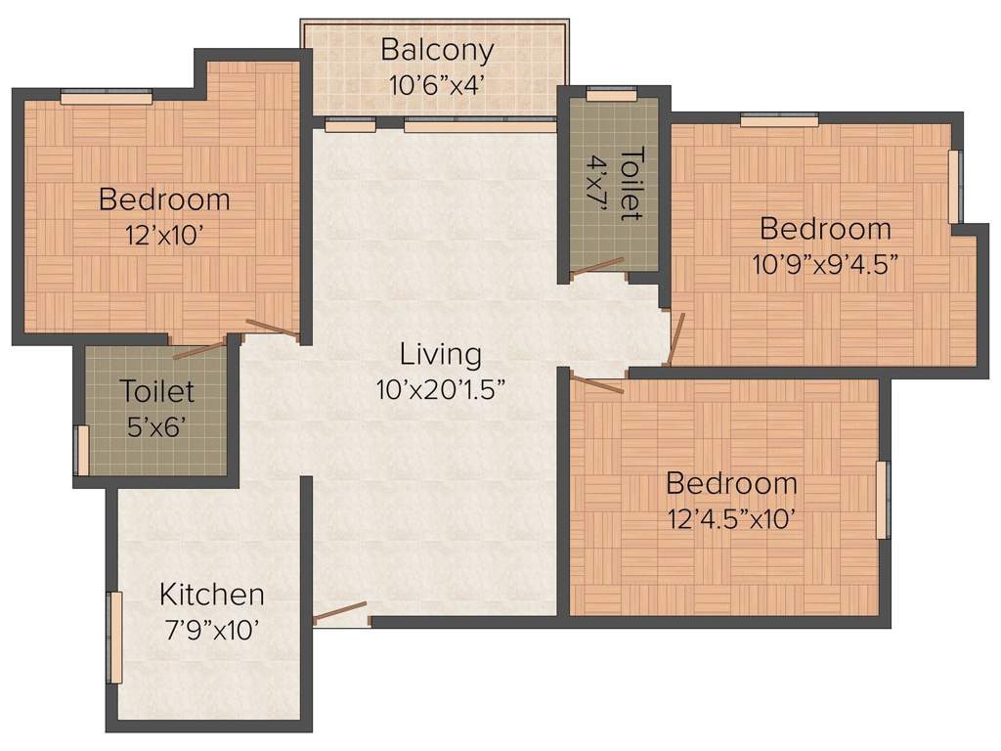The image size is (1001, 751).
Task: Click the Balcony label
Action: point(437,49)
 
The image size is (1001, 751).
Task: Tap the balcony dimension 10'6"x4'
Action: point(437,85)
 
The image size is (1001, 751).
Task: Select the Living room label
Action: point(441,353)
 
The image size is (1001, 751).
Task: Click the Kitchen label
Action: point(212,594)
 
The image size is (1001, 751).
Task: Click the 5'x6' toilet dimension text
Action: point(156,427)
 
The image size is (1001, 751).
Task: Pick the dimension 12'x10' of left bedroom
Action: point(164,236)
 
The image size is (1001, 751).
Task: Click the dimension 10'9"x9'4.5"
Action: point(826,265)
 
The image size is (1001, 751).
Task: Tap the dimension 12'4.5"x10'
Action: point(732,519)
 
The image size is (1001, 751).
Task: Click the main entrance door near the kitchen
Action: point(340,612)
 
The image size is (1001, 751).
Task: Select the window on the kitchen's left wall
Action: point(114,638)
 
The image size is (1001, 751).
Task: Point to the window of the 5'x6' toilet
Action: point(82,450)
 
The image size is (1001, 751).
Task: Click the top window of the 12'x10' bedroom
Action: point(107,97)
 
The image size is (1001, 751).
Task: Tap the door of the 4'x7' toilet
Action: point(597,265)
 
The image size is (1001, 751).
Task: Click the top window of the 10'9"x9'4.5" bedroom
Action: point(779,120)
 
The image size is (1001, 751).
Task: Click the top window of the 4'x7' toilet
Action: point(611,95)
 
